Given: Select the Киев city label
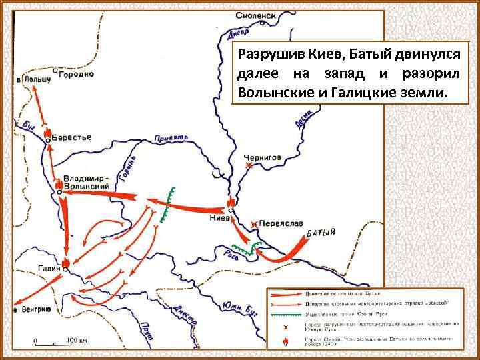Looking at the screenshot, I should point(219,217).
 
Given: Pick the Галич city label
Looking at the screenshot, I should point(47,269).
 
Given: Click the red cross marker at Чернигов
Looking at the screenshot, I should point(249,165).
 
